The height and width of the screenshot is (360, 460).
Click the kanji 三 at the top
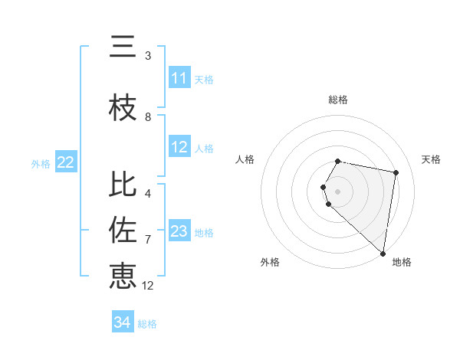point(123,47)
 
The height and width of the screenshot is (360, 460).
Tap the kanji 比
point(123,185)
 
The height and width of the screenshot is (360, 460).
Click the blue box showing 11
point(179,78)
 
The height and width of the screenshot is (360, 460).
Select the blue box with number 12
point(179,147)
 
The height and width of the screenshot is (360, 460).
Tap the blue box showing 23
point(179,231)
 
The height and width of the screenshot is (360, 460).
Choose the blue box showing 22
point(66,162)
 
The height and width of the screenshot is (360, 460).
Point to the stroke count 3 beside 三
point(148,56)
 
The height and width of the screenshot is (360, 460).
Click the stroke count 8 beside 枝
point(148,117)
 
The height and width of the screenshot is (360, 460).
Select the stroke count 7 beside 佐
point(148,239)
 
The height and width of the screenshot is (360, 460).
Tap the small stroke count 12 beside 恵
point(148,286)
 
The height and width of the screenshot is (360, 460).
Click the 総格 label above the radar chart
point(338,100)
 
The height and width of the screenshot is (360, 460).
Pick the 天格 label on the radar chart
point(431,159)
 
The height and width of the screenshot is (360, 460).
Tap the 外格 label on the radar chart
point(270,262)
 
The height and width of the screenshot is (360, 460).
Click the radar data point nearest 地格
point(383,253)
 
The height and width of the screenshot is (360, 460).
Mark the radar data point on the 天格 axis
point(396,172)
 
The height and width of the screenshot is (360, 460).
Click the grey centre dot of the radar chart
point(338,191)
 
